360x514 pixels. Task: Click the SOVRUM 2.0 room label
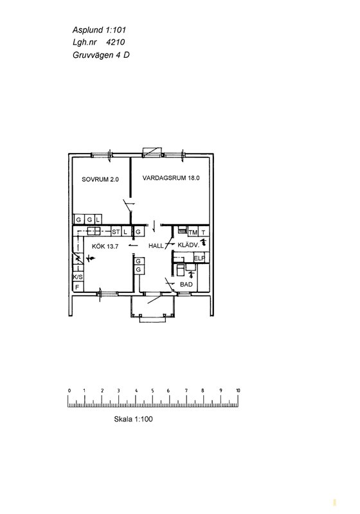100,179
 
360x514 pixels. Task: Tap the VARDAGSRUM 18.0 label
171,178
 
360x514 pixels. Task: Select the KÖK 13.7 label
105,246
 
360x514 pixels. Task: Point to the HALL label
156,246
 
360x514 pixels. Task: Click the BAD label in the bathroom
186,285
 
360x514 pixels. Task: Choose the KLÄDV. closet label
188,245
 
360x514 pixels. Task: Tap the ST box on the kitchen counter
116,232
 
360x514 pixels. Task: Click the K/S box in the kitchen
78,278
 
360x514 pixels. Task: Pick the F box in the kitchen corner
78,287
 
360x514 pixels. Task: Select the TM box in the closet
193,233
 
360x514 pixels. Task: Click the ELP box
199,258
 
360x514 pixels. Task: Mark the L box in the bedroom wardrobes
98,219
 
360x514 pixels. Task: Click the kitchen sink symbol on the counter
93,231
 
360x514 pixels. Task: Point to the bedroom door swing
128,206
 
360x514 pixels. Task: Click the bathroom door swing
170,285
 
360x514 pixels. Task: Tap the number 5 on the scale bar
152,391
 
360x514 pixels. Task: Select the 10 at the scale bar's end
238,391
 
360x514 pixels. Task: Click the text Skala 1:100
133,419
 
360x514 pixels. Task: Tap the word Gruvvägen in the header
93,55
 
